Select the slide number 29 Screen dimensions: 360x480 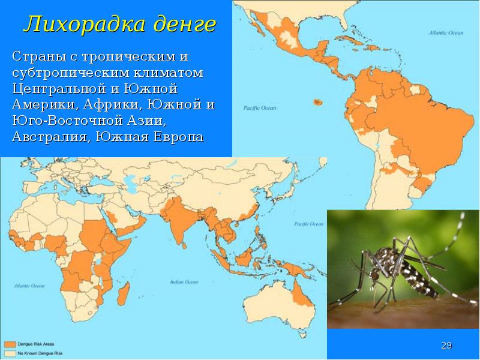pos(446,346)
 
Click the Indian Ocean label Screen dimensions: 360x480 pos(184,281)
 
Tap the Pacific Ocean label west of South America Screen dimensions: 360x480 pos(259,109)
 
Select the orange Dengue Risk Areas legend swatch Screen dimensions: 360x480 pos(10,344)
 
